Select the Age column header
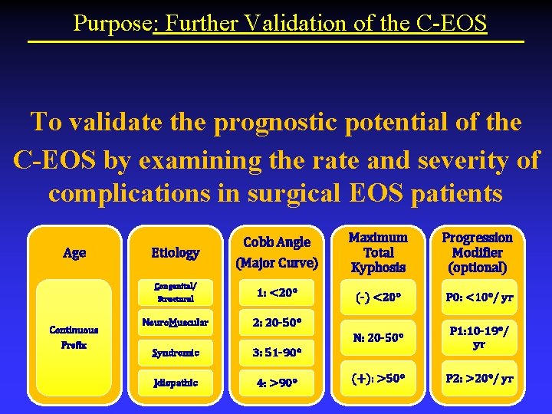[74, 252]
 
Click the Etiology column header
[175, 252]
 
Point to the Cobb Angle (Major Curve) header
[277, 252]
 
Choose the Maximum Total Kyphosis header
[378, 252]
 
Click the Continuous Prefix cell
[74, 337]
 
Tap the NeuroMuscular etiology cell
[175, 322]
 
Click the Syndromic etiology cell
[175, 352]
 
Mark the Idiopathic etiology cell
[175, 382]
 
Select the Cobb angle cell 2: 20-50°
[277, 322]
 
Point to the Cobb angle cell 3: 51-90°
[277, 352]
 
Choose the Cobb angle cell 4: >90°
[277, 382]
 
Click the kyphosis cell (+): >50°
[378, 379]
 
